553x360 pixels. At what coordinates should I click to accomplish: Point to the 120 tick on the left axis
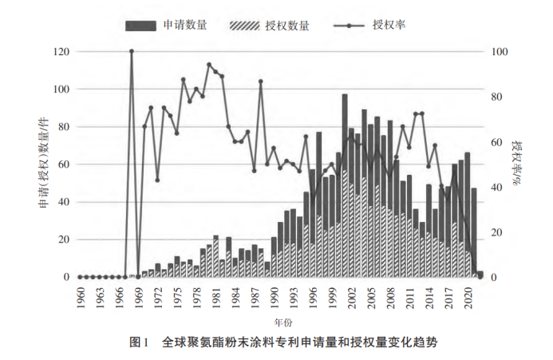[61, 52]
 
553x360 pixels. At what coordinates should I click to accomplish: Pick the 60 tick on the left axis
[63, 164]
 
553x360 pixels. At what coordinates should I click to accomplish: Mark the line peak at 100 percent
[132, 52]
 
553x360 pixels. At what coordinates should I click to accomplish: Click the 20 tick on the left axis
[63, 239]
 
